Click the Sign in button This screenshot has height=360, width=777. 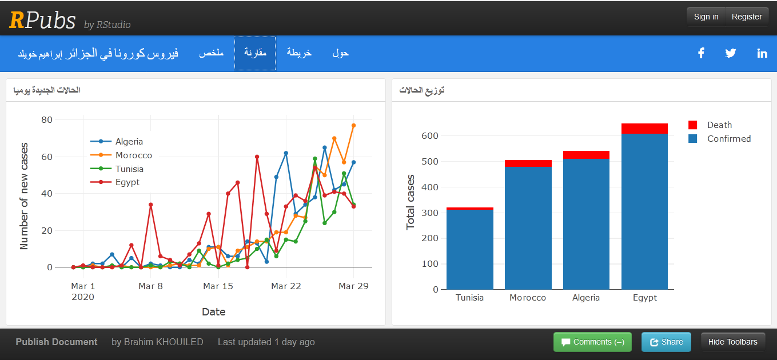coord(706,17)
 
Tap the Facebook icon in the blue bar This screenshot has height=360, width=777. coord(701,53)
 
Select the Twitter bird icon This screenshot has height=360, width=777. coord(731,53)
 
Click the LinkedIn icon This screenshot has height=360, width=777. coord(762,53)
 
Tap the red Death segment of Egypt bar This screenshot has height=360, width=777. coord(644,129)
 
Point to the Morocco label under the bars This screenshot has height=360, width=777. coord(528,298)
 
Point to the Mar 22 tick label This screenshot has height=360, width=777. coord(286,286)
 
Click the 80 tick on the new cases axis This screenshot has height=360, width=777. coord(47,120)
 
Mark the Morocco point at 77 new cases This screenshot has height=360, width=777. coord(354,125)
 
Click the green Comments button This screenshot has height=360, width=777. coord(592,342)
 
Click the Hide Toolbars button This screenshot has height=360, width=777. coord(732,342)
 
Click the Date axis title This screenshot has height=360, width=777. coord(213,312)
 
